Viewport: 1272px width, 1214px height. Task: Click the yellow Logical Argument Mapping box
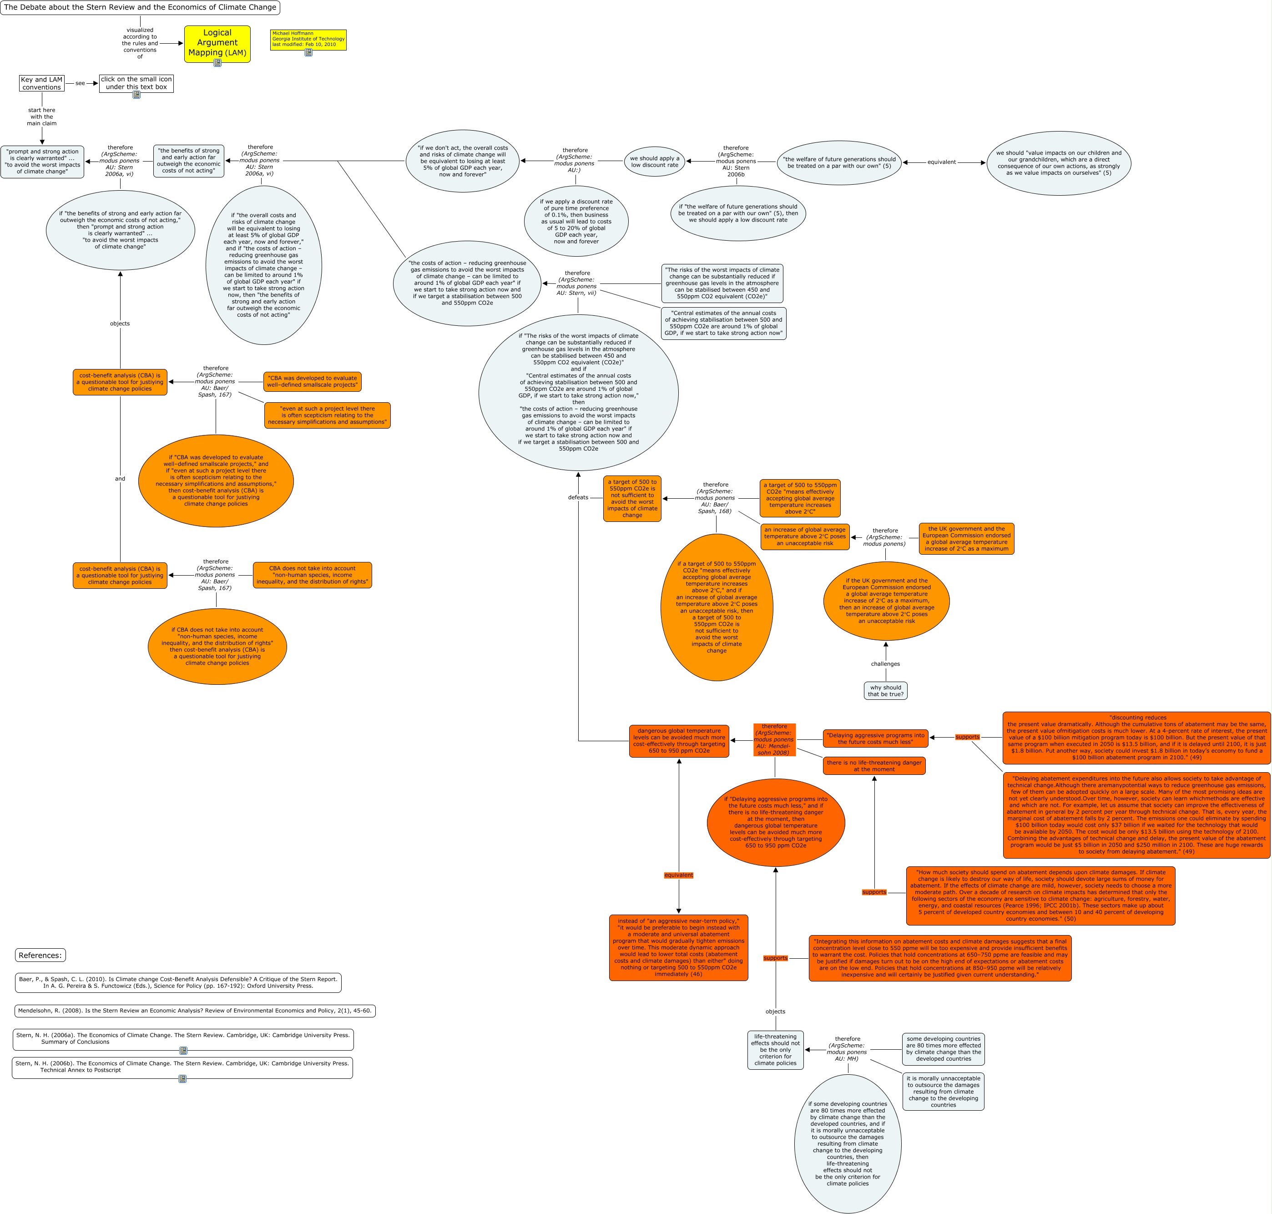(x=217, y=43)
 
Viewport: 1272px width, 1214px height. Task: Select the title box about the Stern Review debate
(x=140, y=8)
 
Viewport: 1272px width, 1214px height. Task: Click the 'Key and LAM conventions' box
(x=42, y=83)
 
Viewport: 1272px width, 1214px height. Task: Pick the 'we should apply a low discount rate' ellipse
(x=654, y=162)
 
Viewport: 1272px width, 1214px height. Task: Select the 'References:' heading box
(x=40, y=955)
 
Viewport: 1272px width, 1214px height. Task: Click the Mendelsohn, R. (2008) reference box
(x=195, y=1011)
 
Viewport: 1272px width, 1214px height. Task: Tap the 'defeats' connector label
(x=578, y=498)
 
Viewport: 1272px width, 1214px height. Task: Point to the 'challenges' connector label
(x=885, y=664)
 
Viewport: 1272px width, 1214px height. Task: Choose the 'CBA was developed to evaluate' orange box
(x=313, y=382)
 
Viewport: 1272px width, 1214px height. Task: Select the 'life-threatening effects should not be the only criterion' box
(x=775, y=1050)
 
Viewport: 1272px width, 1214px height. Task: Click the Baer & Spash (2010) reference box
(x=178, y=982)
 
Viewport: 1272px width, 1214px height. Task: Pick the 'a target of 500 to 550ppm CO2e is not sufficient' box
(x=632, y=498)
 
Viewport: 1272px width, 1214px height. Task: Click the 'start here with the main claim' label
(x=42, y=117)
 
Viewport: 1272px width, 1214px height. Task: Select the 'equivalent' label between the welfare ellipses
(x=941, y=162)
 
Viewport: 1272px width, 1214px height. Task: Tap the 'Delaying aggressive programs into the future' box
(x=875, y=739)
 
